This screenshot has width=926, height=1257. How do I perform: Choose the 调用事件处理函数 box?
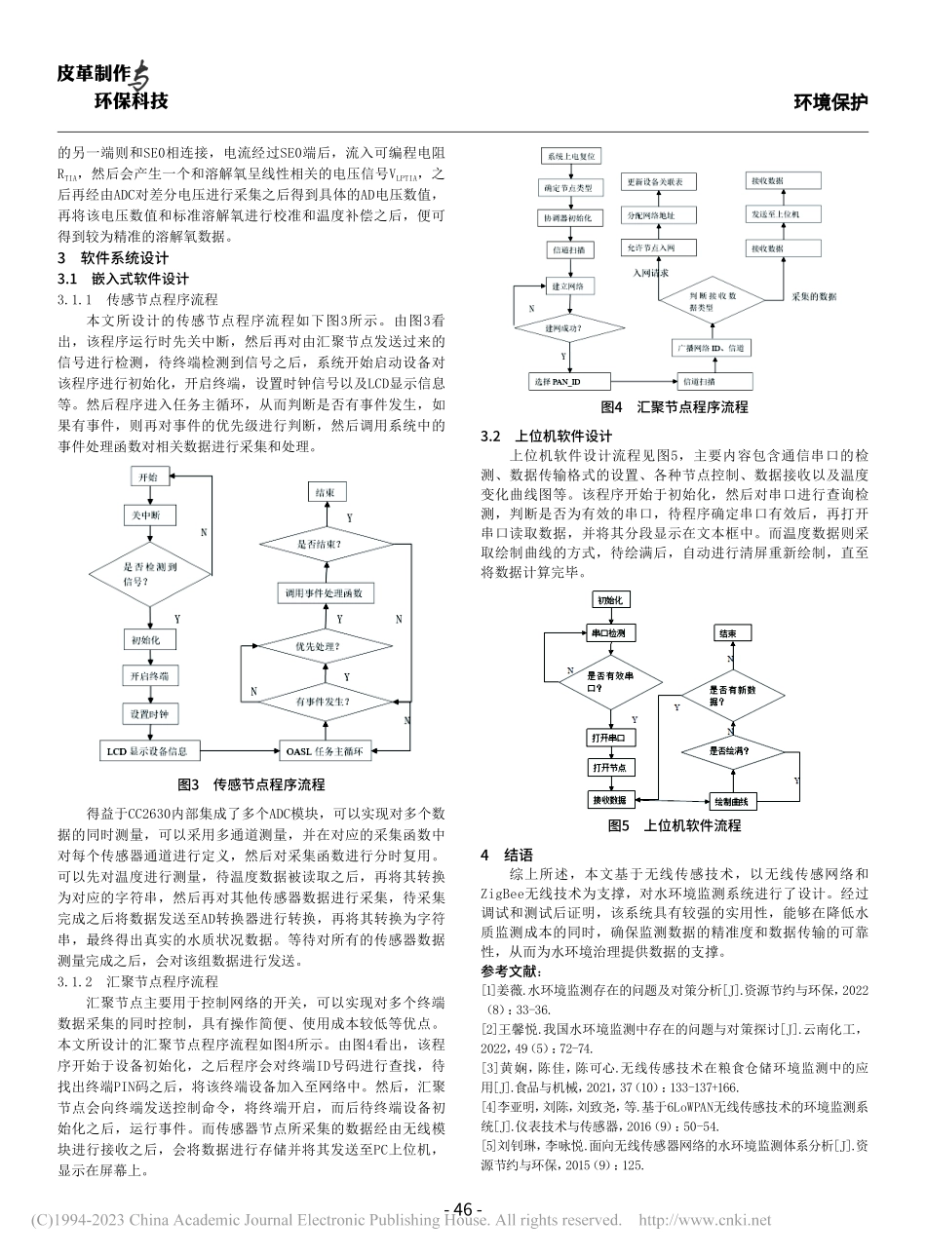(x=324, y=592)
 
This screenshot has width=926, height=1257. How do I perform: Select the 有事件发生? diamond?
(x=324, y=701)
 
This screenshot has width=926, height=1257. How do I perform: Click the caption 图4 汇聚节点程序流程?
(x=675, y=407)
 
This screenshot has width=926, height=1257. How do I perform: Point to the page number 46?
(x=463, y=1209)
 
